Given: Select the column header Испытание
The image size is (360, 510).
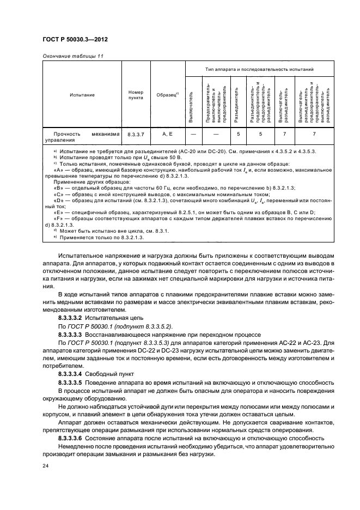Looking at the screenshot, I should pyautogui.click(x=82, y=95).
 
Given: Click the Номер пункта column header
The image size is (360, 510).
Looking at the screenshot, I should pyautogui.click(x=136, y=95).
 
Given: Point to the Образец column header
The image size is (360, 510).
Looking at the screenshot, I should pyautogui.click(x=167, y=95).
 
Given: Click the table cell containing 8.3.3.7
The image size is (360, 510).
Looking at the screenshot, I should pyautogui.click(x=136, y=133).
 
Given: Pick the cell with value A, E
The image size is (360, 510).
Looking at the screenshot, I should pyautogui.click(x=167, y=133).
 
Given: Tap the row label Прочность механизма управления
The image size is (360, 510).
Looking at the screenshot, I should pyautogui.click(x=82, y=136).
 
